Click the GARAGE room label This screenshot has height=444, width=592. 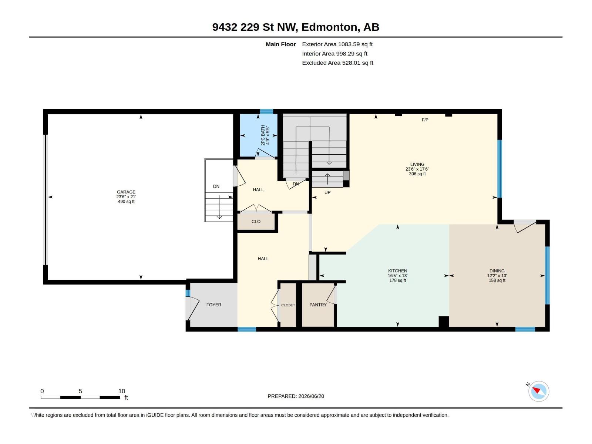click(x=126, y=192)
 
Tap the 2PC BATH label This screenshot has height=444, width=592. click(x=263, y=135)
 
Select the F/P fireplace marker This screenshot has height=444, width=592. click(x=425, y=120)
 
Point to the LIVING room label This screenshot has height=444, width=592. click(x=417, y=164)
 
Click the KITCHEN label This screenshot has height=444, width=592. click(x=397, y=271)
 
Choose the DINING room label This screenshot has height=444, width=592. click(x=497, y=271)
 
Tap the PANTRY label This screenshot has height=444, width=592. click(x=318, y=305)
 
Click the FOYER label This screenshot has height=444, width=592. click(x=213, y=305)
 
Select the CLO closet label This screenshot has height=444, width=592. click(x=256, y=221)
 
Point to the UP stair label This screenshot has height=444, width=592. click(x=327, y=192)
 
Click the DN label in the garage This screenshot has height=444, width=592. click(x=216, y=186)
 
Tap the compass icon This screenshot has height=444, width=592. click(x=538, y=391)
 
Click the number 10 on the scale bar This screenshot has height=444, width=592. click(x=122, y=391)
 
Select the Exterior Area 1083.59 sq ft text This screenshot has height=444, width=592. click(x=337, y=44)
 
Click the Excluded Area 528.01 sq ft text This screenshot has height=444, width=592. click(x=337, y=63)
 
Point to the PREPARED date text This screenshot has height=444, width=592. click(x=296, y=396)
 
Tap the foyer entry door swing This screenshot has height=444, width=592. click(x=193, y=309)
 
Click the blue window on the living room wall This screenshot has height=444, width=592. click(x=499, y=169)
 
